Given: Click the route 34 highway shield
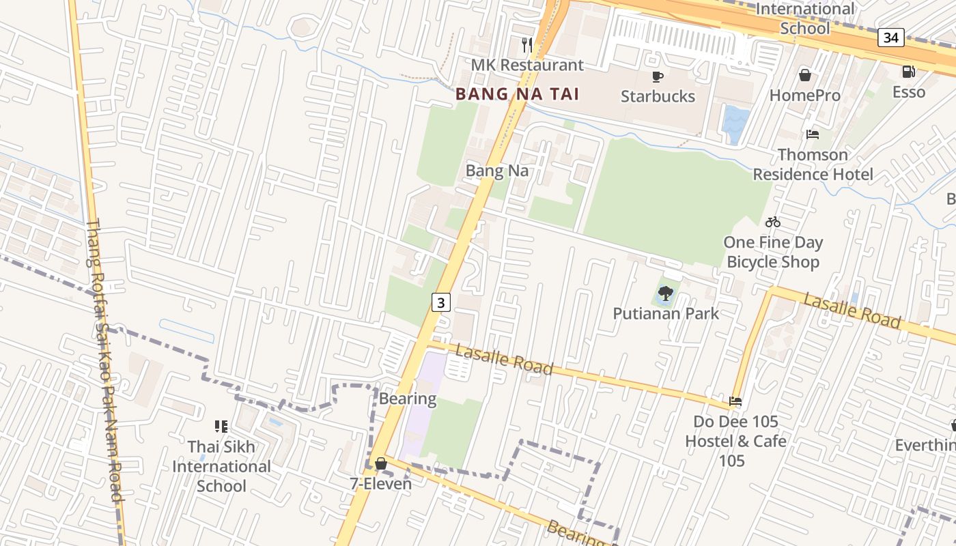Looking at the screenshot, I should [891, 38].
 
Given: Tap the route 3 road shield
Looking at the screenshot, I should [441, 302].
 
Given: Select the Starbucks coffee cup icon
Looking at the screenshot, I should [658, 76].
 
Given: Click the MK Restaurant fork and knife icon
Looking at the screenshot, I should [526, 45].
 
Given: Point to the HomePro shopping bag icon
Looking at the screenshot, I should [805, 75].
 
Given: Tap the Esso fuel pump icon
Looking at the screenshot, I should [908, 71].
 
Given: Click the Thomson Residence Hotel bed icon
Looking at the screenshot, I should [813, 134].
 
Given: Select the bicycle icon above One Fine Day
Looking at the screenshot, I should [773, 222].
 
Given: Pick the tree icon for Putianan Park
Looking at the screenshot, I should [666, 293].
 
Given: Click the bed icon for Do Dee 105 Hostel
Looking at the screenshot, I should [735, 401].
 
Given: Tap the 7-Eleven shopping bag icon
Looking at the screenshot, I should [381, 464].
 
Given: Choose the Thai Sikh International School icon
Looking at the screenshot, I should [221, 427].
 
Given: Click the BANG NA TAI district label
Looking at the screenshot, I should [518, 94].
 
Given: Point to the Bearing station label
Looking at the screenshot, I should [408, 399].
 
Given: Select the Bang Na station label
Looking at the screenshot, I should [497, 171].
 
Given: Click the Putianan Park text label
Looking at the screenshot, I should [666, 314].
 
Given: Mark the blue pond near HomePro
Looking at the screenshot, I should [736, 123].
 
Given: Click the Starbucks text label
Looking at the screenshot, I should [658, 96].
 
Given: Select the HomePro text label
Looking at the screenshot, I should [805, 96].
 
